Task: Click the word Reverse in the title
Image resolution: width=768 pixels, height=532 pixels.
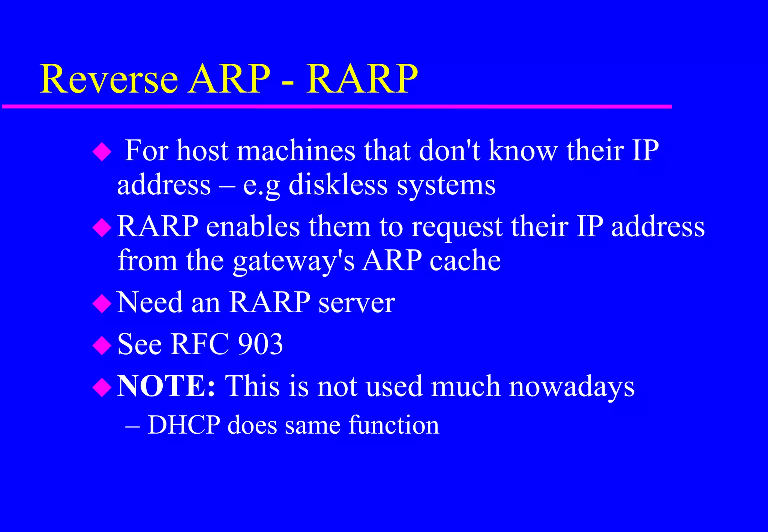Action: pyautogui.click(x=108, y=79)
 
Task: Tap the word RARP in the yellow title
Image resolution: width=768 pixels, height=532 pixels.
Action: pyautogui.click(x=361, y=79)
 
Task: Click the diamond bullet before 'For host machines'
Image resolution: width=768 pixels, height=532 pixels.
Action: pyautogui.click(x=102, y=152)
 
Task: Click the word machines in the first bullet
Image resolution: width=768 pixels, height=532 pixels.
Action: pyautogui.click(x=296, y=151)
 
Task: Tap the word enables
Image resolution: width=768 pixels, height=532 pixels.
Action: pyautogui.click(x=253, y=227)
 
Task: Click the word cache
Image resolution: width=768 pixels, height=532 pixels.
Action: pyautogui.click(x=465, y=260)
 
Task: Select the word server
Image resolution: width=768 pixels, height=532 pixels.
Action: pyautogui.click(x=356, y=302)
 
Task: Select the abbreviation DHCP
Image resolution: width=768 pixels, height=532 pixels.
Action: pyautogui.click(x=184, y=425)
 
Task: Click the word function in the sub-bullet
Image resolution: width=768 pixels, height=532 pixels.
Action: pyautogui.click(x=393, y=425)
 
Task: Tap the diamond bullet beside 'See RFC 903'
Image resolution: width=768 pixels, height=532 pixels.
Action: pyautogui.click(x=102, y=346)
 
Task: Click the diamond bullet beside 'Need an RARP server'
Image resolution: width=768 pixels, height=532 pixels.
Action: pyautogui.click(x=102, y=304)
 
